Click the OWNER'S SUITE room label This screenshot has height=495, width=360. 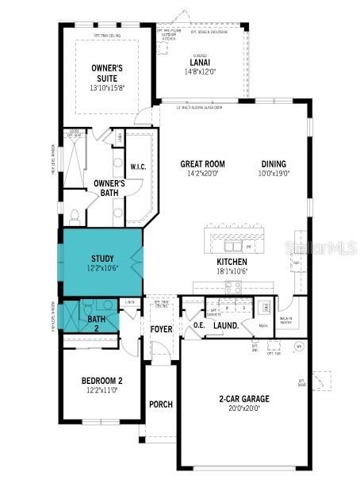(107, 73)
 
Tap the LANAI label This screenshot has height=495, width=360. (200, 63)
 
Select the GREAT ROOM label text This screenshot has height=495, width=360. (202, 164)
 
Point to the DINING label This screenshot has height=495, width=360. (275, 164)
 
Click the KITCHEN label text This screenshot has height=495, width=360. (232, 262)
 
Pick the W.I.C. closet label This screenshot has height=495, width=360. (138, 167)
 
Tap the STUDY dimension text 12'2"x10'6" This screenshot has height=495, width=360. (103, 268)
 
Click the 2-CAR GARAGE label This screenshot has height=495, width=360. (244, 399)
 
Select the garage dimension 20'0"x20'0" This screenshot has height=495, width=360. (244, 409)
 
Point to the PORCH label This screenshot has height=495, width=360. (161, 404)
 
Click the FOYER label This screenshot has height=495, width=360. (161, 329)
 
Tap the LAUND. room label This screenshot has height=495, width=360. (226, 325)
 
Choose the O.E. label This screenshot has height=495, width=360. (198, 325)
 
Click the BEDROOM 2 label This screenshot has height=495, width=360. (102, 382)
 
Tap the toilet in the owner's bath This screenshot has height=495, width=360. (73, 216)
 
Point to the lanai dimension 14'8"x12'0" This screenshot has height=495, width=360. (200, 71)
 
